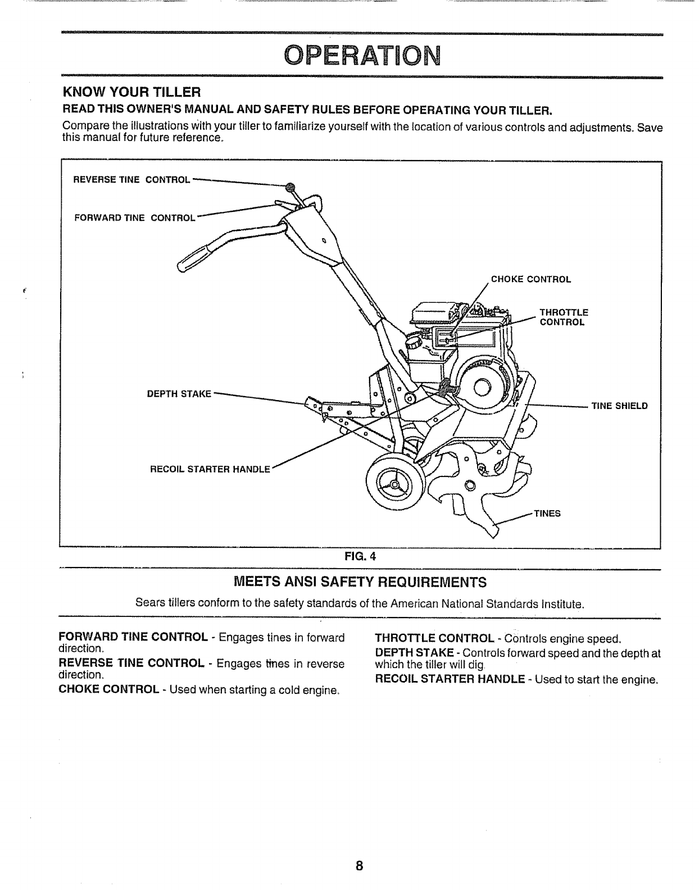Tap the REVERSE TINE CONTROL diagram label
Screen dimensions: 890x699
[132, 180]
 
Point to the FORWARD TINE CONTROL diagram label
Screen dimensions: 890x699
[134, 218]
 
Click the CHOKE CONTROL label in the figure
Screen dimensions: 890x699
[531, 279]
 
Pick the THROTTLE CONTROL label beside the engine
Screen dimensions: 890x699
[563, 317]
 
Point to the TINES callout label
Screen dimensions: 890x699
[547, 514]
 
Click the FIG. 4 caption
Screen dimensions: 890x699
[361, 557]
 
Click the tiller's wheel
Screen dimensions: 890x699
[393, 482]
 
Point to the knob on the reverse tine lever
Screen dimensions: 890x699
[290, 188]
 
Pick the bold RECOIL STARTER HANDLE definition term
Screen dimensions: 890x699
[451, 680]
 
